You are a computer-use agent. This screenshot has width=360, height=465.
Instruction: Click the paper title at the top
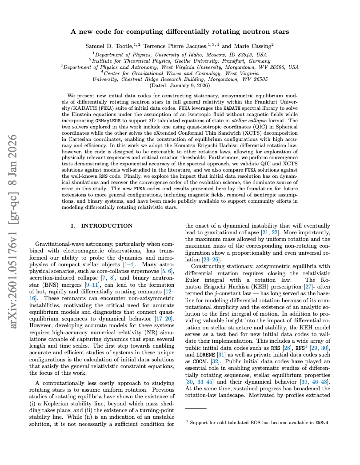coord(180,32)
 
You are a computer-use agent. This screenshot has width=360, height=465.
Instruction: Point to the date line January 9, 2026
coord(180,85)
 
